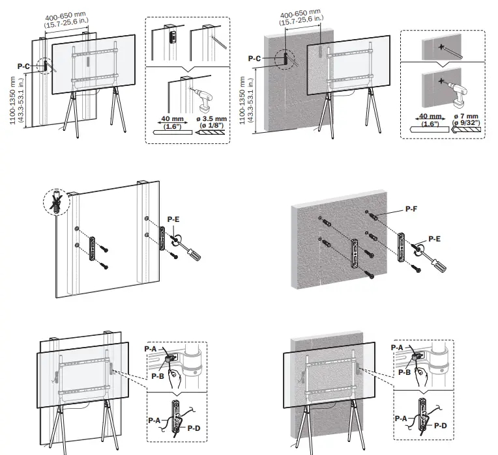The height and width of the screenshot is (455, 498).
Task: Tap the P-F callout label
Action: (411, 209)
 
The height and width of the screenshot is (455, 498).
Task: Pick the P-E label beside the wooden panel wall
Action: (173, 220)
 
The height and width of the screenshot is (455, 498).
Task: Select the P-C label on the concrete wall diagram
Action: (254, 59)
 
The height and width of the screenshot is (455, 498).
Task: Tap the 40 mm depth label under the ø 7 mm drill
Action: (428, 120)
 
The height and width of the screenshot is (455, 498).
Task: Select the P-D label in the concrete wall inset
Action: (440, 425)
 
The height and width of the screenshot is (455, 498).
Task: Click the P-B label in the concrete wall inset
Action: (404, 372)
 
